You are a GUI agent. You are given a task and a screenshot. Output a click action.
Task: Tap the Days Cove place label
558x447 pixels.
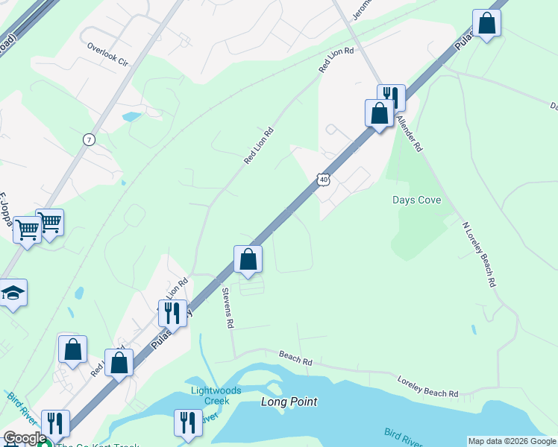click(x=417, y=200)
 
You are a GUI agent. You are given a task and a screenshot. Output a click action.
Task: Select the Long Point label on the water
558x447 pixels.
click(x=289, y=402)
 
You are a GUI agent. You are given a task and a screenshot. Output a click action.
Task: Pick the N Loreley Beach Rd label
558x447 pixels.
click(x=478, y=255)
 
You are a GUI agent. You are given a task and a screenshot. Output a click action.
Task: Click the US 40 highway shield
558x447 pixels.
click(x=323, y=180)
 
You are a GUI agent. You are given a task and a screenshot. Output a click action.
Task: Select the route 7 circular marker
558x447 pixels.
click(x=90, y=139)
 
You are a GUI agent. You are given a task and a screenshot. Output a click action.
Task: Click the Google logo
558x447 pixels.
click(x=24, y=438)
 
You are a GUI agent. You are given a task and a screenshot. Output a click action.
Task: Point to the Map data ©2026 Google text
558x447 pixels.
click(x=512, y=441)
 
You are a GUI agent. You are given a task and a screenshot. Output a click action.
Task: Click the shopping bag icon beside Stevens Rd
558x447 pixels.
click(x=248, y=260)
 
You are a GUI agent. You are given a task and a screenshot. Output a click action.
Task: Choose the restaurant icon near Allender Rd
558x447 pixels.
click(x=391, y=97)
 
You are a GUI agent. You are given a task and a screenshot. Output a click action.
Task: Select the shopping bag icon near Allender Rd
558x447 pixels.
click(x=379, y=114)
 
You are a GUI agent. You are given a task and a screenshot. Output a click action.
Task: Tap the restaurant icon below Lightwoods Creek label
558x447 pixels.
click(x=188, y=423)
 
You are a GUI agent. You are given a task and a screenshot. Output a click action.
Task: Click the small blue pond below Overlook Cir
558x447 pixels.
click(x=131, y=117)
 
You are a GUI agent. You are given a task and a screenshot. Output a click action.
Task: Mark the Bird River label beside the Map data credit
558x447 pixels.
click(x=404, y=435)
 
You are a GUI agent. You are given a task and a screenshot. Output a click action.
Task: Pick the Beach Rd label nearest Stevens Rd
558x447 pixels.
click(x=295, y=358)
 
